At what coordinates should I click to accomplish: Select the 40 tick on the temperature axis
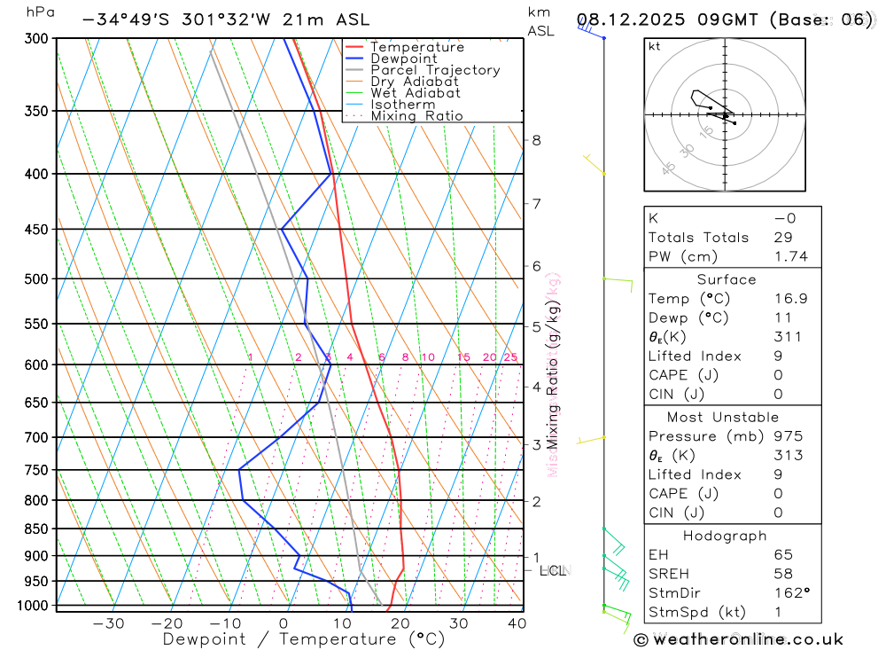(517, 623)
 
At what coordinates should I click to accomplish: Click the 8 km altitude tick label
(536, 140)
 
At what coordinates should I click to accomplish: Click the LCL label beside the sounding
(554, 570)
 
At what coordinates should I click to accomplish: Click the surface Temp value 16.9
(789, 299)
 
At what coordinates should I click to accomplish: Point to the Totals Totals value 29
(783, 237)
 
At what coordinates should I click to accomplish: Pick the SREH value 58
(782, 574)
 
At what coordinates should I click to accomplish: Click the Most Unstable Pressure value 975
(787, 436)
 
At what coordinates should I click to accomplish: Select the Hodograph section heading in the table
(725, 536)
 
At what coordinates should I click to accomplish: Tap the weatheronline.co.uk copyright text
(739, 638)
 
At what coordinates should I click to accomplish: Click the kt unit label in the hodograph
(654, 46)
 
